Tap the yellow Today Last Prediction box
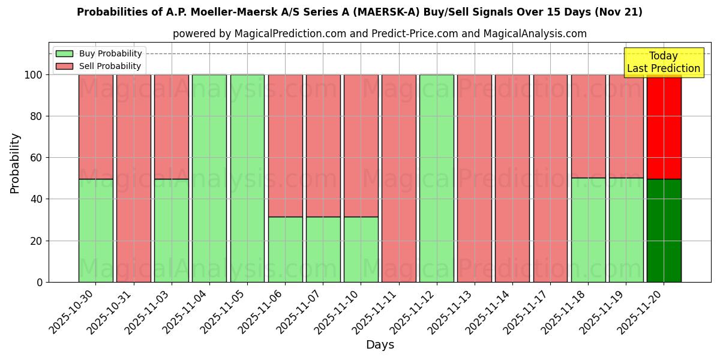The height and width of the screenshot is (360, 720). pyautogui.click(x=663, y=62)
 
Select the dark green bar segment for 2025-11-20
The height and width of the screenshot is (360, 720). pyautogui.click(x=664, y=230)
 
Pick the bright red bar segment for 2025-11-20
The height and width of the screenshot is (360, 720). pyautogui.click(x=664, y=127)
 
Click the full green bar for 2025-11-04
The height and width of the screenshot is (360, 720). pyautogui.click(x=209, y=178)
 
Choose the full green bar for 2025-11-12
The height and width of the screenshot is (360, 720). pyautogui.click(x=437, y=178)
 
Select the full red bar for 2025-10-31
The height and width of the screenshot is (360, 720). pyautogui.click(x=134, y=178)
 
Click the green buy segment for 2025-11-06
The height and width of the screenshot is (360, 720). pyautogui.click(x=285, y=249)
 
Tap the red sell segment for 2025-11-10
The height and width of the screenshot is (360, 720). pyautogui.click(x=361, y=146)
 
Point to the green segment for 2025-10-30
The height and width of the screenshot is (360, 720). pyautogui.click(x=96, y=230)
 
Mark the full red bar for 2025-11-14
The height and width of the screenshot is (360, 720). pyautogui.click(x=512, y=178)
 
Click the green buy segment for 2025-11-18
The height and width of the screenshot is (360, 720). pyautogui.click(x=588, y=230)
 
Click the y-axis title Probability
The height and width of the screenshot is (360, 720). pyautogui.click(x=15, y=163)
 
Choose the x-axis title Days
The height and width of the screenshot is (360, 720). pyautogui.click(x=380, y=345)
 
